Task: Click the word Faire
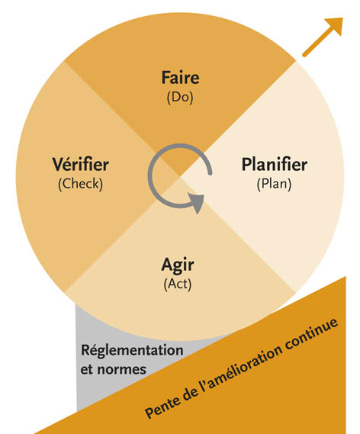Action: [180, 77]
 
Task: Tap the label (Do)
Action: [180, 97]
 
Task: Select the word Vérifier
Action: [80, 164]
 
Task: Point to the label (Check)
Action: [80, 184]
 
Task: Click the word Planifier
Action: [275, 164]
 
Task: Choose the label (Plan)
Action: [274, 184]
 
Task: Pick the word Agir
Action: [178, 265]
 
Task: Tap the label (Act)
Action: [178, 285]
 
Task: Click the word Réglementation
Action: [132, 351]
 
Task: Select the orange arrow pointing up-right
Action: [323, 37]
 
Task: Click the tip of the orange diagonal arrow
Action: [343, 18]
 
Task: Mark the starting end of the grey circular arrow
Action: [210, 174]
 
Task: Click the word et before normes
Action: [86, 369]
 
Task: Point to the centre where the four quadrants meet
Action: [180, 176]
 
